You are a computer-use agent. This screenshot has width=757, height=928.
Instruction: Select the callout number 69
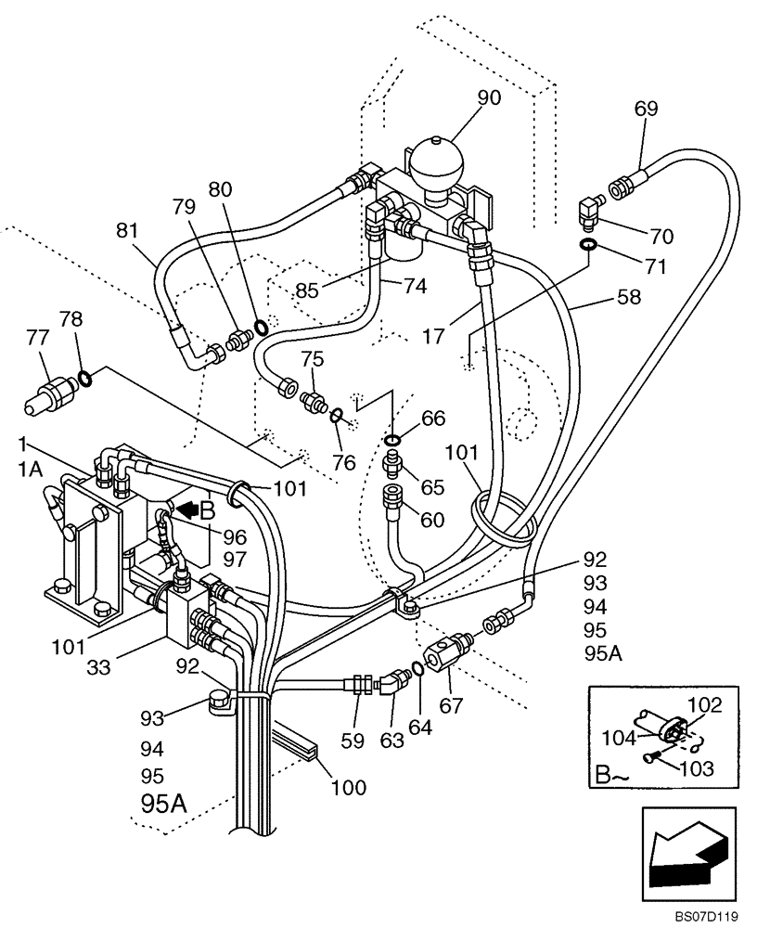(x=646, y=109)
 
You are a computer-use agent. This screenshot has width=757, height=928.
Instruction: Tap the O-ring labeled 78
(x=83, y=377)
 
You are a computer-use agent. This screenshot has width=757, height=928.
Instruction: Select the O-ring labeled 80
(x=262, y=327)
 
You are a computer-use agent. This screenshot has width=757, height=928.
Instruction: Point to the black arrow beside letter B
(x=186, y=509)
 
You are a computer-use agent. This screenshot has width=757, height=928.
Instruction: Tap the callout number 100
(x=348, y=789)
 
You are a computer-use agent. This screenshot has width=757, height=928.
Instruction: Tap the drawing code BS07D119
(x=707, y=917)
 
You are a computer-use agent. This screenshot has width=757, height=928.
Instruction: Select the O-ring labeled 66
(x=393, y=438)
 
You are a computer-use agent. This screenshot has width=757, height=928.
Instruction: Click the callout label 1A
(x=30, y=470)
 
